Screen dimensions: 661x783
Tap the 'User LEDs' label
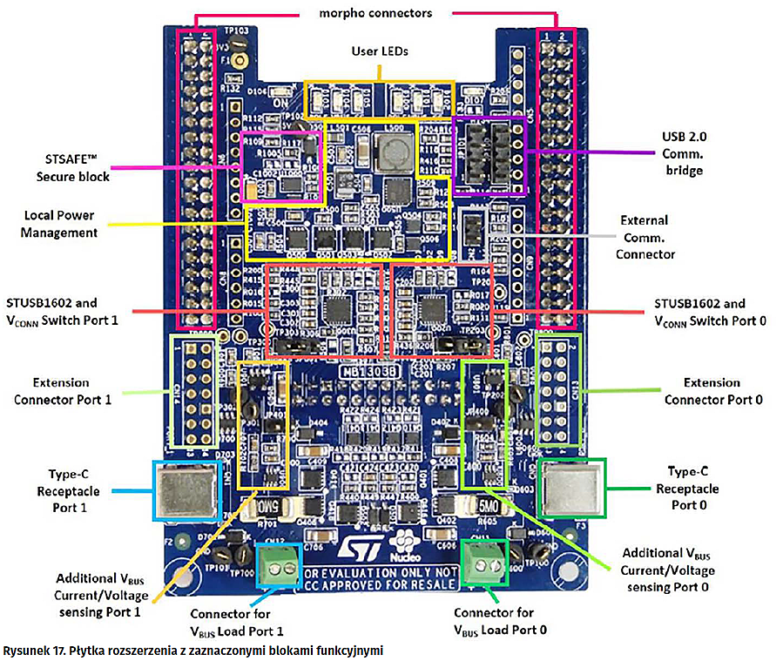pos(380,51)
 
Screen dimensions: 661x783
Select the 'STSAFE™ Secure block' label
pos(73,168)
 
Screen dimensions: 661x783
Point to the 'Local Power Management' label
pos(58,224)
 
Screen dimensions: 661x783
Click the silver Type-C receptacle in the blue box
pos(186,490)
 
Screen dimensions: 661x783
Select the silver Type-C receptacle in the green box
pos(572,488)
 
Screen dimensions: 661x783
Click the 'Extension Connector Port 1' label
pos(61,390)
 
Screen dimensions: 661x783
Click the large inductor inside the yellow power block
pos(389,156)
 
